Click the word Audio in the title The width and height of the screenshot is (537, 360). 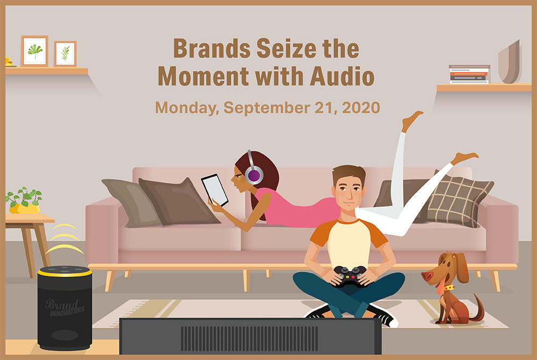coord(342,76)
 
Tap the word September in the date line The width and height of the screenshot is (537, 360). coord(267,107)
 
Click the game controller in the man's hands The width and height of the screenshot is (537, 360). coord(350,276)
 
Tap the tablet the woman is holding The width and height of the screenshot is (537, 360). coord(215,190)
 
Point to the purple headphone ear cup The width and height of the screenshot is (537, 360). coord(254,175)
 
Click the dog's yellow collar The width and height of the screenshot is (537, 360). coord(448,287)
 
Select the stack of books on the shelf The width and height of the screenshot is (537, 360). coord(469,74)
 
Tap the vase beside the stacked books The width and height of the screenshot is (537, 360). coord(510,63)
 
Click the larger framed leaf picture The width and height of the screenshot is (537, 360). coord(34,51)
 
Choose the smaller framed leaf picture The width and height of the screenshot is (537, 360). coord(65,54)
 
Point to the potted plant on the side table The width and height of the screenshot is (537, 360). coord(24,200)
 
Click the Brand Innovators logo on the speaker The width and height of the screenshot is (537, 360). coord(64,307)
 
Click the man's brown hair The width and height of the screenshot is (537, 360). coord(349,174)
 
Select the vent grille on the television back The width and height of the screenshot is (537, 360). coord(249,338)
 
